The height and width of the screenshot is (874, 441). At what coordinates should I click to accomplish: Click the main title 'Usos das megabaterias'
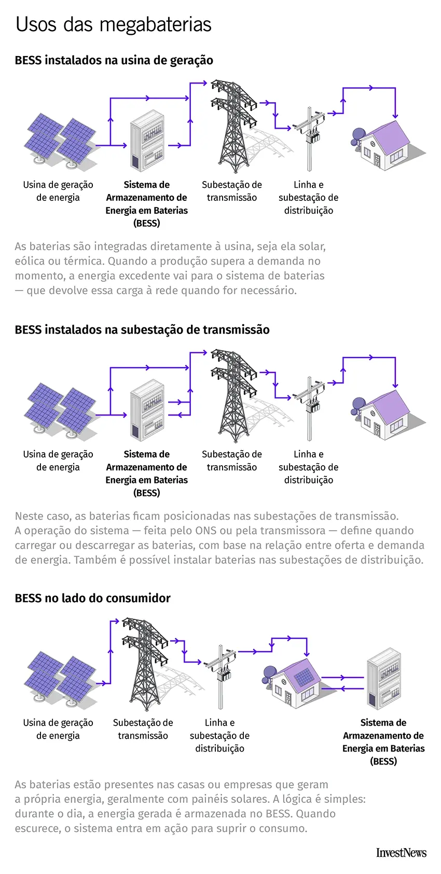click(x=113, y=24)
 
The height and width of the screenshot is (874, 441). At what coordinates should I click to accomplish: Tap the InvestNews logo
click(x=401, y=853)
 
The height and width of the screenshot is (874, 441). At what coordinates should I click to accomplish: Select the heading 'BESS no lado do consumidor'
click(x=92, y=598)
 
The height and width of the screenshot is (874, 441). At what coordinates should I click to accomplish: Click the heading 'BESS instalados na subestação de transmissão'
click(x=142, y=330)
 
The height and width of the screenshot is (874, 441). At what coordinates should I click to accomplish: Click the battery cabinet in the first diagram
click(x=147, y=141)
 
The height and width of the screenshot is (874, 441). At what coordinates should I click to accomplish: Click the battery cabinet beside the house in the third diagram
click(x=384, y=679)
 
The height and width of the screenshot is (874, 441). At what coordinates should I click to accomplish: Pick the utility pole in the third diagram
click(x=221, y=677)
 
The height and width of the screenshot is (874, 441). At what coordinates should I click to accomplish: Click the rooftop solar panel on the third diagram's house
click(x=303, y=676)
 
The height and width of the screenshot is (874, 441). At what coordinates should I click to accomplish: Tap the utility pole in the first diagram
click(x=310, y=139)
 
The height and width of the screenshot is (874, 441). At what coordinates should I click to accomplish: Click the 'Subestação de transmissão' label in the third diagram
click(x=143, y=729)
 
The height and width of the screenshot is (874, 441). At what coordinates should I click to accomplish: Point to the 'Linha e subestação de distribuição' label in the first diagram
click(x=308, y=198)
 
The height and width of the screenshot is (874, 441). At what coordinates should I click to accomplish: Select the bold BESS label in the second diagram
click(x=147, y=473)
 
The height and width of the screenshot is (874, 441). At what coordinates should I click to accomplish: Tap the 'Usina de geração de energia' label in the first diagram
click(x=58, y=191)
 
